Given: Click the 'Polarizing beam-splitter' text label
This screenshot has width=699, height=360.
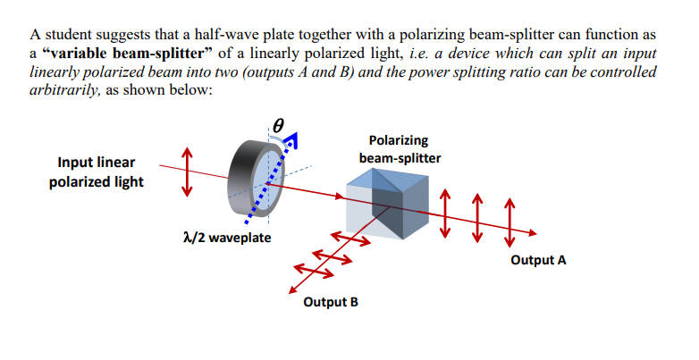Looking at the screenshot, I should click(x=398, y=148).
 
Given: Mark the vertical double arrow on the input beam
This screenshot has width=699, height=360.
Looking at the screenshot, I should click(x=186, y=171).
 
